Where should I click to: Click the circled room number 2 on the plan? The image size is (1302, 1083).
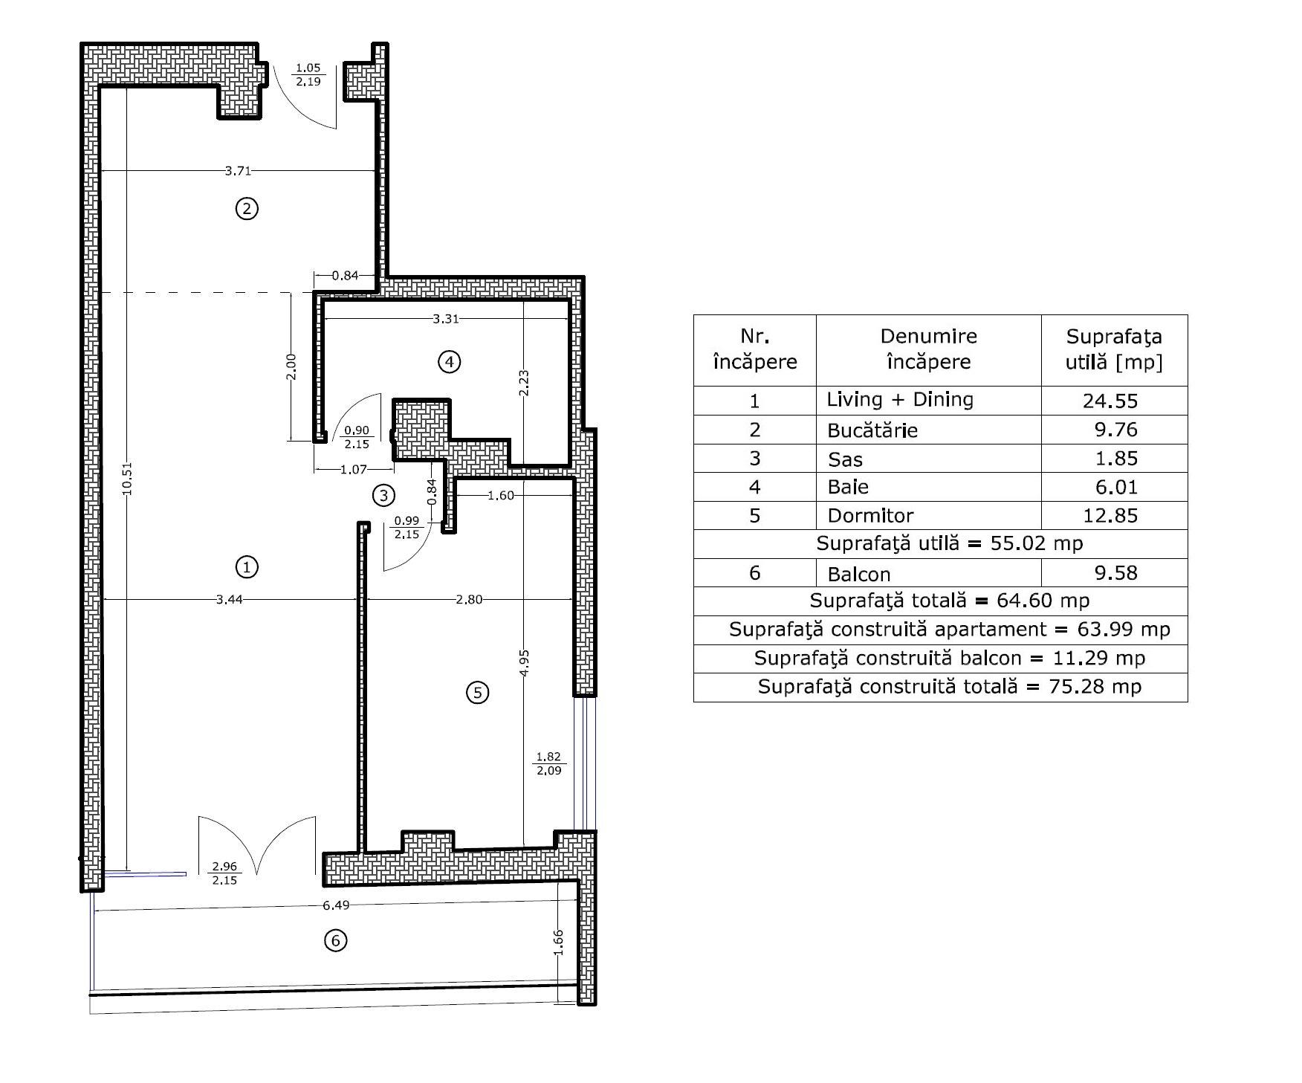click(247, 209)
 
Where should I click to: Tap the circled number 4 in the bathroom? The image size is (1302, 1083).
click(449, 362)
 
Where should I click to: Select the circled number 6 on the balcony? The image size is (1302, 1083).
click(336, 940)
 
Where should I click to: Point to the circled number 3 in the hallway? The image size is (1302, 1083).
click(383, 495)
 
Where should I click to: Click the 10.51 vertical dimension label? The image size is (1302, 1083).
click(127, 479)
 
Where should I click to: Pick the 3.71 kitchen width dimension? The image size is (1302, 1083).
click(238, 171)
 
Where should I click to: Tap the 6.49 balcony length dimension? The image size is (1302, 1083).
click(336, 905)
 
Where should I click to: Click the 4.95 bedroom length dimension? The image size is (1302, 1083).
click(524, 662)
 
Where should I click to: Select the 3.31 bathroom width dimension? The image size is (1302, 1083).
click(446, 319)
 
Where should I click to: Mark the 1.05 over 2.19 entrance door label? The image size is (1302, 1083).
click(308, 75)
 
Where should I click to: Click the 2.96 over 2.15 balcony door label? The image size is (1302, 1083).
click(224, 873)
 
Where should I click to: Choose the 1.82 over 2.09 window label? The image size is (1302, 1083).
click(548, 764)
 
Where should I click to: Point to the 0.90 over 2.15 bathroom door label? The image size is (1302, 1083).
click(357, 437)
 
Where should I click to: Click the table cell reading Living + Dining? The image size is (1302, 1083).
click(900, 400)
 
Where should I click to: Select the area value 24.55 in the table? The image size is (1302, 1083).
click(1110, 401)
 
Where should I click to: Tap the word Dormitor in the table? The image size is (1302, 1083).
click(870, 516)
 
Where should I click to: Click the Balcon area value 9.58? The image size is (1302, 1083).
click(1116, 573)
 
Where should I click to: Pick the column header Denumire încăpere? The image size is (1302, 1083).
click(929, 349)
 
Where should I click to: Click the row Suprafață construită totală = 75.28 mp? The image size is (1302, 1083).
click(950, 687)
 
